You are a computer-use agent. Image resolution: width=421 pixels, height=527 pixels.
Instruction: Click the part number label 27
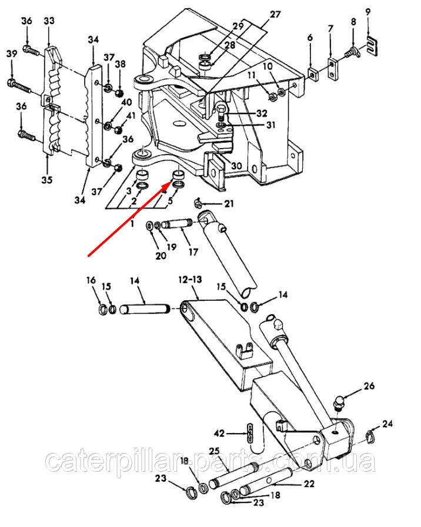pyautogui.click(x=275, y=15)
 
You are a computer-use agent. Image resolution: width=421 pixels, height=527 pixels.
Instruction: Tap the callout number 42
pyautogui.click(x=219, y=434)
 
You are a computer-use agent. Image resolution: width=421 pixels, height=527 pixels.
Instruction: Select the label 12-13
pyautogui.click(x=191, y=279)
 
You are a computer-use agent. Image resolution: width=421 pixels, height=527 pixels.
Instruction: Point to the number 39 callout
pyautogui.click(x=12, y=54)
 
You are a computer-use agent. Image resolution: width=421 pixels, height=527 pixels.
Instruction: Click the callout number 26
pyautogui.click(x=369, y=385)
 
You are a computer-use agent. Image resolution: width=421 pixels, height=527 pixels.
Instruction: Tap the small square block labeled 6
pyautogui.click(x=313, y=75)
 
